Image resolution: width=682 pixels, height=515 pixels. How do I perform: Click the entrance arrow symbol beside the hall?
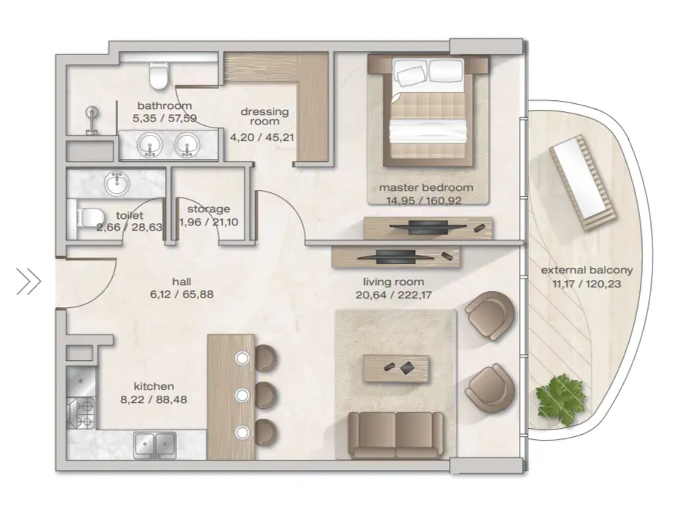coord(29,281)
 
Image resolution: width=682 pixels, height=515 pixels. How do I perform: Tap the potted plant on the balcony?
coord(560,399)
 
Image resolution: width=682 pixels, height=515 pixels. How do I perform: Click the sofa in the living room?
coord(396,435)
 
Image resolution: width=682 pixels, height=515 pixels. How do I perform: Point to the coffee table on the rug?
coord(396,368)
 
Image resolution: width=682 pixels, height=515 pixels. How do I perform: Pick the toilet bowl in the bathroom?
coord(159,75)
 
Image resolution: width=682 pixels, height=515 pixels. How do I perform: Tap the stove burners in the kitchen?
coord(81,413)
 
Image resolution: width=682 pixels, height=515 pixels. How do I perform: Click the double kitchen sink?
coord(155,446)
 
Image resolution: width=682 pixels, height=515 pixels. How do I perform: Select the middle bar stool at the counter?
coord(265,395)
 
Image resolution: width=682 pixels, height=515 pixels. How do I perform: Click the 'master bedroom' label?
coord(426,188)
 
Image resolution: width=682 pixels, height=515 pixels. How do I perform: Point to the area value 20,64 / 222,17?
coord(394,295)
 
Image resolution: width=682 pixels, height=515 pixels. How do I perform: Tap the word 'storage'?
coord(209,209)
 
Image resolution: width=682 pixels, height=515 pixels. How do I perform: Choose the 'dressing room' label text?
coord(265,116)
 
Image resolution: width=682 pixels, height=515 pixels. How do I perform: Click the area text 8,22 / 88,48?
coord(154,399)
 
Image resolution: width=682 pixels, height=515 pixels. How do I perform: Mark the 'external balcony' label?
coord(587,270)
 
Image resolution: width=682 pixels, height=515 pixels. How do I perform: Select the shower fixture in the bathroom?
coord(91,120)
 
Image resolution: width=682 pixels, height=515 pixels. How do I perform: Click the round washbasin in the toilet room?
coord(116,183)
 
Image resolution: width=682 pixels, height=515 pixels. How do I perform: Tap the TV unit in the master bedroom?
coord(428,228)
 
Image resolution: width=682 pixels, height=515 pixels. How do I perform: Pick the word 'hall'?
coord(182,281)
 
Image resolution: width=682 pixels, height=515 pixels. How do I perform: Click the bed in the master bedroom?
coord(428,110)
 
